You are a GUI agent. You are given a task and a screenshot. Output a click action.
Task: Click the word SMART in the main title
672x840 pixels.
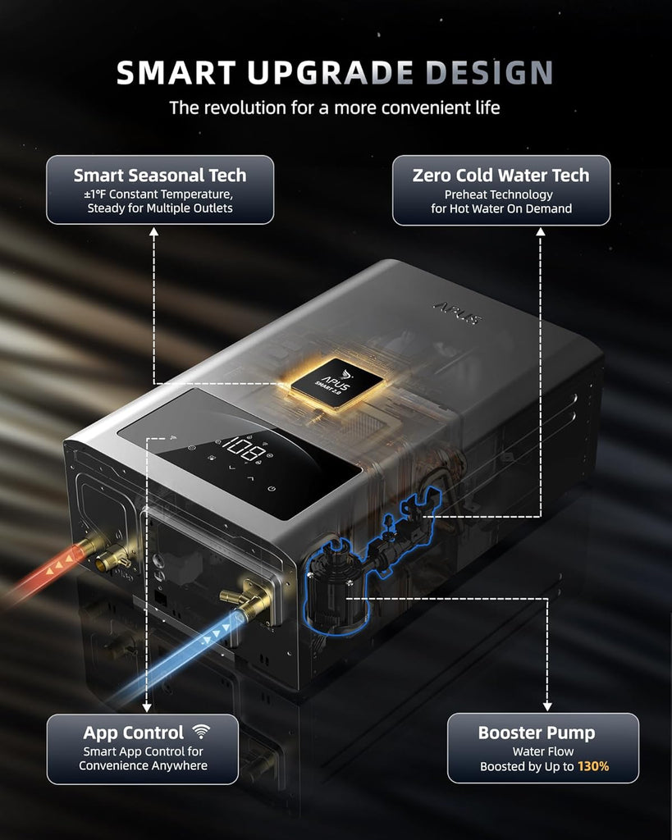pos(176,73)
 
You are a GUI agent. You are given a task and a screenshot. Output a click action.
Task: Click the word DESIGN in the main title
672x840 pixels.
pos(489,73)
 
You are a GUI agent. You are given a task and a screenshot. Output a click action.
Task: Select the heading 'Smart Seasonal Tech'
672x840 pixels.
pos(160,176)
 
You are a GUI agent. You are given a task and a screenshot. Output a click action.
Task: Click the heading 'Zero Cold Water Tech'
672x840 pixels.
pos(501,176)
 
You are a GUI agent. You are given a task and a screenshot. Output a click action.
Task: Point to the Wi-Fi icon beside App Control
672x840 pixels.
pos(202,731)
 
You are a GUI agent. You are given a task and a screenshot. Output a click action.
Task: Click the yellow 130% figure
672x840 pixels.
pos(593,766)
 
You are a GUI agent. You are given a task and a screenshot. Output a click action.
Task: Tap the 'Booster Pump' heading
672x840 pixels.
pos(537,733)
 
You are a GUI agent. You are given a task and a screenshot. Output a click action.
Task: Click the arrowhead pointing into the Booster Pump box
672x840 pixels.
pos(547,706)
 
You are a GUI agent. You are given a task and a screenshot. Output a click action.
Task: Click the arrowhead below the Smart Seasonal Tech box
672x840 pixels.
pos(153,231)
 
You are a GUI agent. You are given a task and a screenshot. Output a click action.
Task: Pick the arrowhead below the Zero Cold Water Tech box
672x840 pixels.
pos(540,231)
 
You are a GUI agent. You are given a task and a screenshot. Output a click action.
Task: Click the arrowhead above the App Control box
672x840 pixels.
pos(147,707)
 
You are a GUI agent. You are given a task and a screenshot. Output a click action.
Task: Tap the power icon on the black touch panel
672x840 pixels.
pos(272,489)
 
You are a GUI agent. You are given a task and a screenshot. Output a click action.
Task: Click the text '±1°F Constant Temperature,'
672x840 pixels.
pos(160,194)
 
